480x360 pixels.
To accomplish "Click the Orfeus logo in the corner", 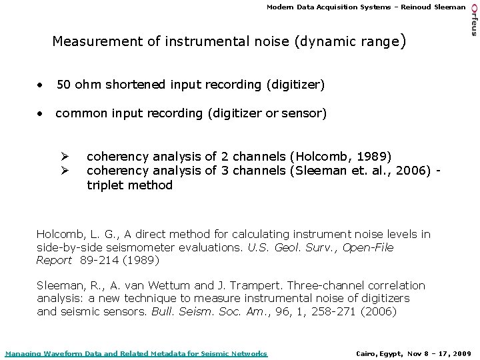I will [x=473, y=21].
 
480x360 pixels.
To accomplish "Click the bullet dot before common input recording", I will [x=41, y=114].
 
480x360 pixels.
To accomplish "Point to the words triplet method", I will [x=130, y=185].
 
